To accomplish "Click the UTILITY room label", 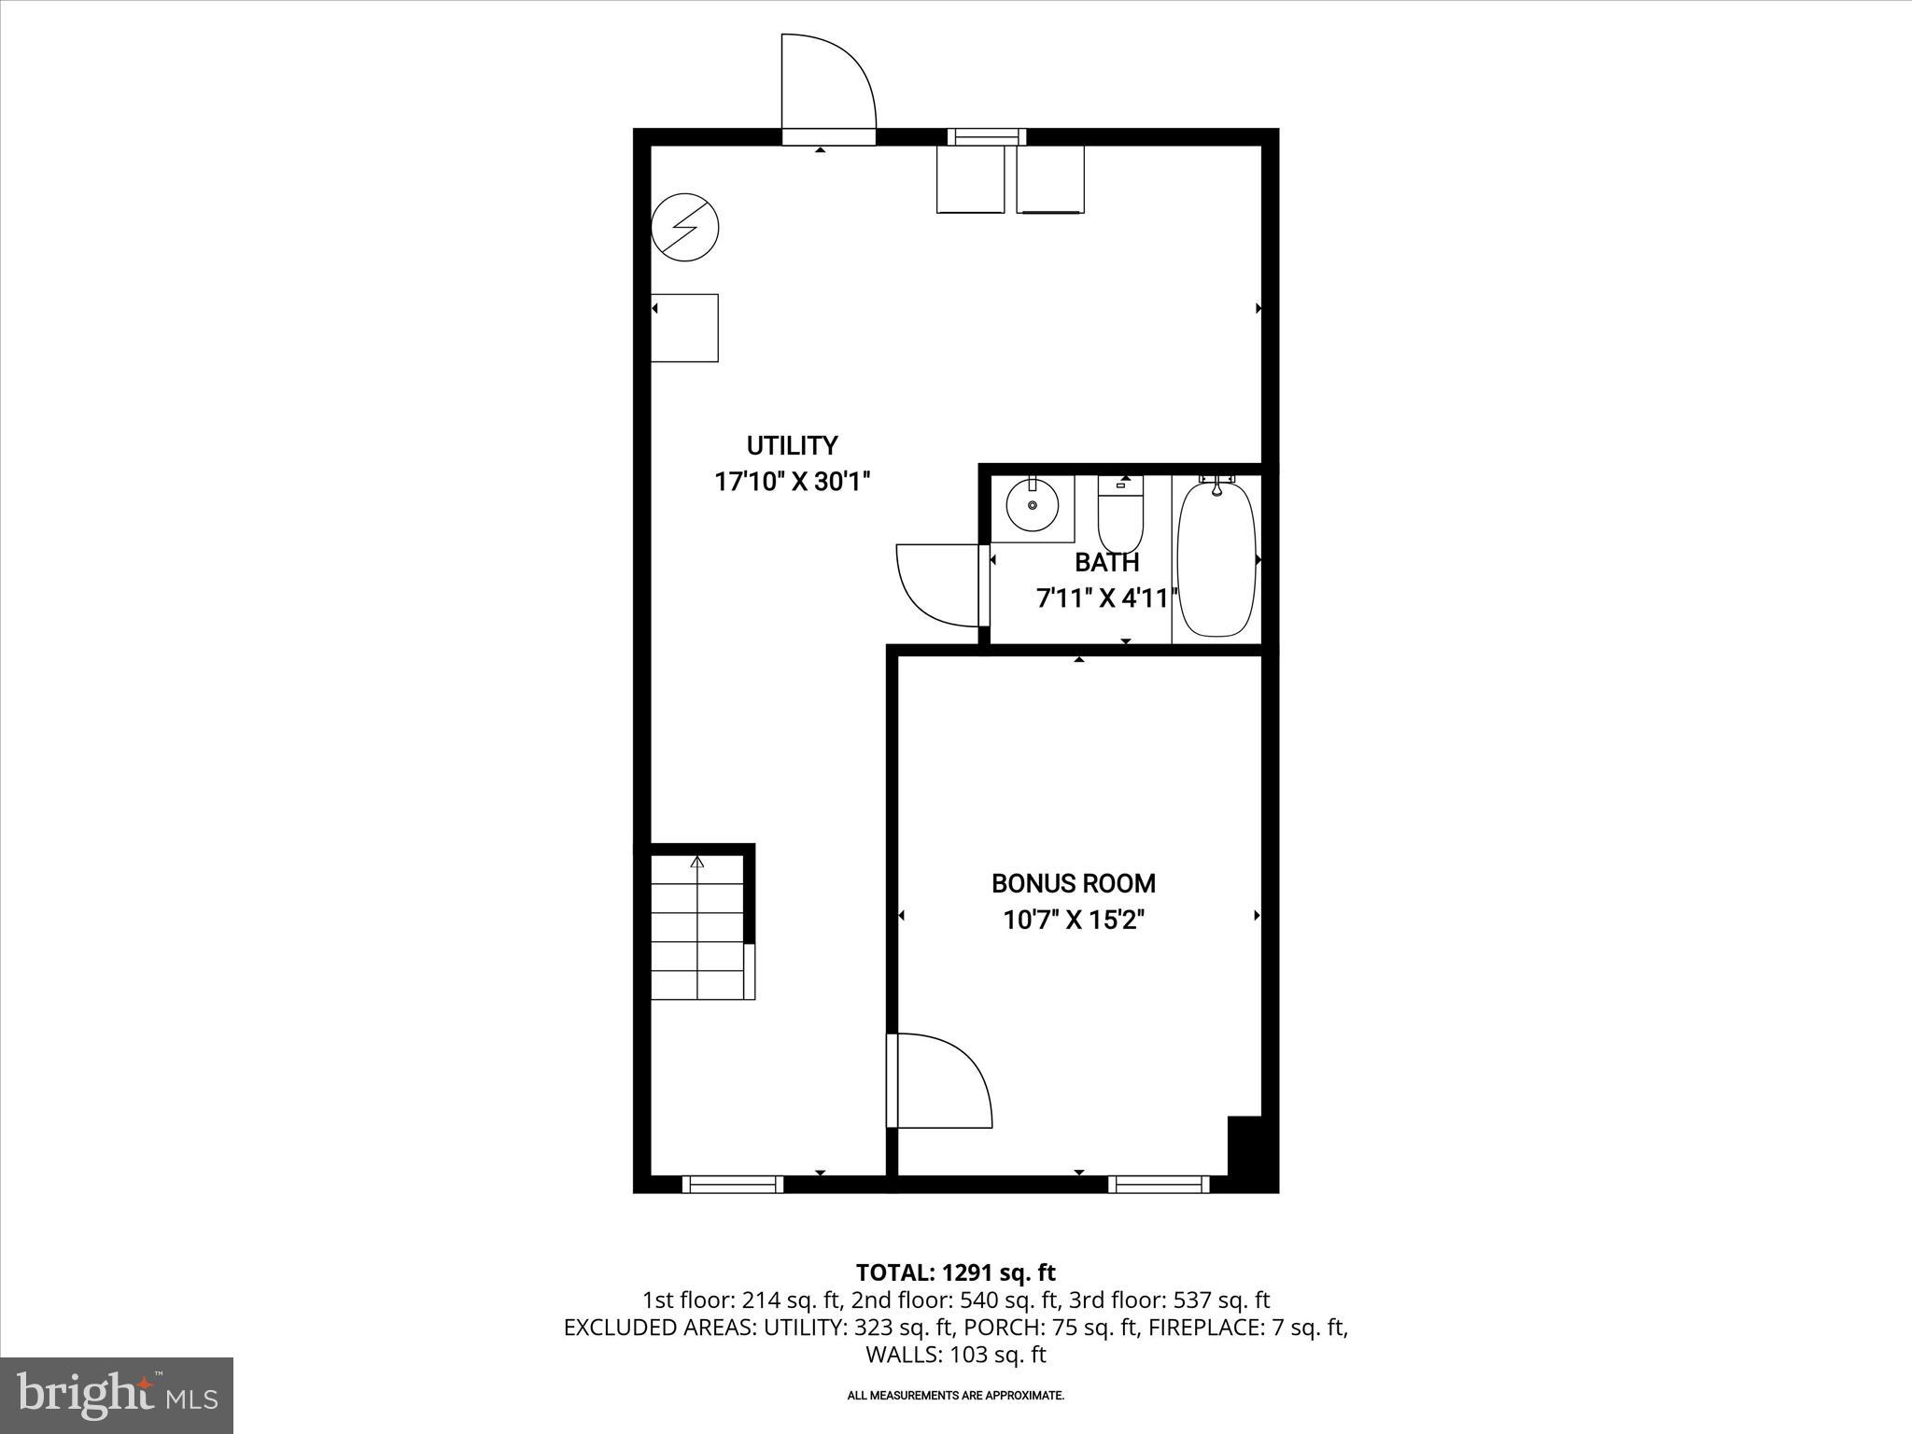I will [x=792, y=445].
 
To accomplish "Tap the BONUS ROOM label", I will [x=1073, y=883].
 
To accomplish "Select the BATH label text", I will [x=1106, y=563].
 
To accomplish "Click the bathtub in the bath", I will [x=1216, y=559].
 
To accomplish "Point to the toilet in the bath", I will [x=1119, y=516].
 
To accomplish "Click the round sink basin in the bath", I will [x=1033, y=505].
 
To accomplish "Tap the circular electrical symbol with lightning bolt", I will [x=684, y=228].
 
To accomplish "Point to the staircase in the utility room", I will [x=697, y=928].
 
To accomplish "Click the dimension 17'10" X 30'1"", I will [x=792, y=482].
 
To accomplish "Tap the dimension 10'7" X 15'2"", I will [x=1073, y=921].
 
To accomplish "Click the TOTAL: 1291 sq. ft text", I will [x=955, y=1272].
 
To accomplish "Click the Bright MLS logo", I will [x=117, y=1395].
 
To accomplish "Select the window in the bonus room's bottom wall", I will [x=1159, y=1184].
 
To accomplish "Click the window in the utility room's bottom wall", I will [x=733, y=1184].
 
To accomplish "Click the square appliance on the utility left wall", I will [x=684, y=328].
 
